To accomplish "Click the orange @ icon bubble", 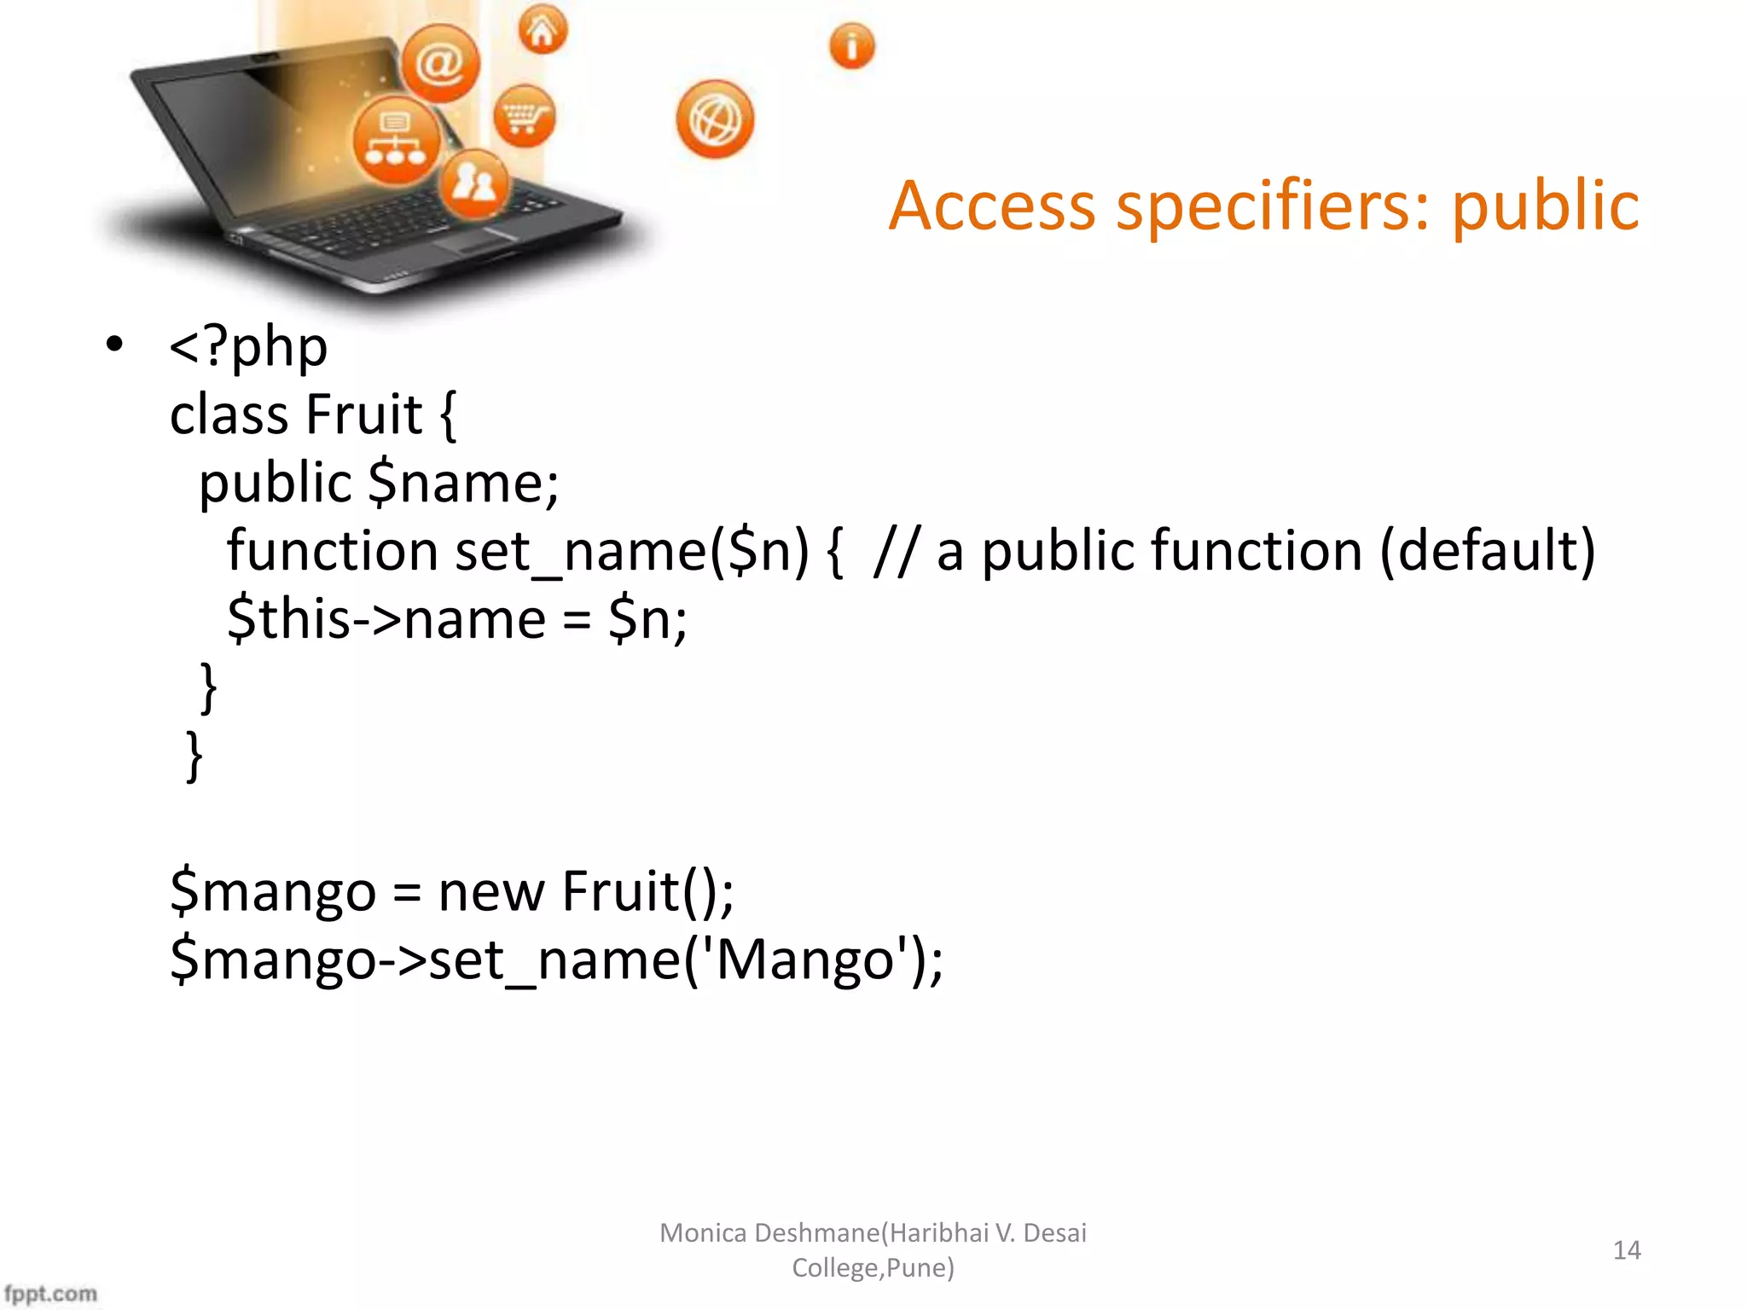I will pos(440,64).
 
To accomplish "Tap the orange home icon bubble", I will pos(543,31).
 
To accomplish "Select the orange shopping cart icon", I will pos(524,116).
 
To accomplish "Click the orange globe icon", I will pos(715,119).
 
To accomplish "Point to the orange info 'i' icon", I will pos(851,45).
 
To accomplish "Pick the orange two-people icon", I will pos(474,183).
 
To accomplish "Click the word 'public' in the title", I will pos(1545,207).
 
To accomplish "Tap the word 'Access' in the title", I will pos(991,207).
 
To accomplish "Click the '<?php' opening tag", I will pos(248,348).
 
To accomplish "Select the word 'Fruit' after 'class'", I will pos(363,415).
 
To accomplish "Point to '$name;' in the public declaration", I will pos(463,484).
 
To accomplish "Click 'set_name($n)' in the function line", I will pos(631,552).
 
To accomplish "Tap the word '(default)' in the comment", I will pos(1487,552).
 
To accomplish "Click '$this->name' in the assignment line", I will pos(386,620).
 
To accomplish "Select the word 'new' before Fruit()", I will pos(490,892).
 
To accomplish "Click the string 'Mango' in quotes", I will pos(804,960).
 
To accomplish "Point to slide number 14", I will pos(1627,1250).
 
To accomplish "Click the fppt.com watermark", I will pos(51,1293).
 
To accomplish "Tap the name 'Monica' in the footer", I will pos(703,1233).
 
